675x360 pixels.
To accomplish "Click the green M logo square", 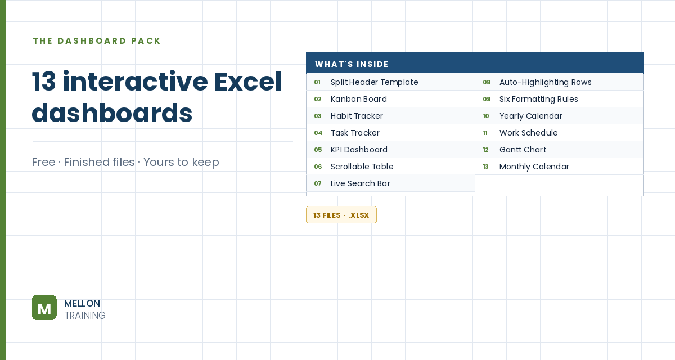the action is [44, 307].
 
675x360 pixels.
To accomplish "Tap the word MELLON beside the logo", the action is [82, 303].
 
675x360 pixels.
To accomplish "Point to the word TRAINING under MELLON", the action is [85, 316].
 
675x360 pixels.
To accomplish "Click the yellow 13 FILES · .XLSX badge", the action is [341, 214].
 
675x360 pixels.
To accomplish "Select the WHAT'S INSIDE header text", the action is [352, 64].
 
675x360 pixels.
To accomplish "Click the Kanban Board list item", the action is [359, 99].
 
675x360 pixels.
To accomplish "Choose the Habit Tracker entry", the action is [357, 116].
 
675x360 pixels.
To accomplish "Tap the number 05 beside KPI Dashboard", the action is [318, 150].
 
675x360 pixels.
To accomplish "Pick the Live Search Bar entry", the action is [360, 183].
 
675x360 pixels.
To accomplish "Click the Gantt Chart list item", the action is [523, 150].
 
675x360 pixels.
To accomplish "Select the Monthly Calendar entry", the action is [534, 166].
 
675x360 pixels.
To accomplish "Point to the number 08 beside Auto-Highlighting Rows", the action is [487, 82].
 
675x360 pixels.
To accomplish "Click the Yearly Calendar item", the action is [530, 116].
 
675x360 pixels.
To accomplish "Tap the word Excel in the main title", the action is [247, 82].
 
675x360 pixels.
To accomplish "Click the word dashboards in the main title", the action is [112, 113].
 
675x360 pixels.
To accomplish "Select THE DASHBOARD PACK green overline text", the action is [97, 40].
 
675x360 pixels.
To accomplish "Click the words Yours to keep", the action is [181, 162].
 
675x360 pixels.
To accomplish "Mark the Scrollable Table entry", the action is [362, 166].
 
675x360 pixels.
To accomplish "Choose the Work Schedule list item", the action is [528, 133].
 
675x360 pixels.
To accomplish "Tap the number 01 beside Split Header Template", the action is [317, 82].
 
